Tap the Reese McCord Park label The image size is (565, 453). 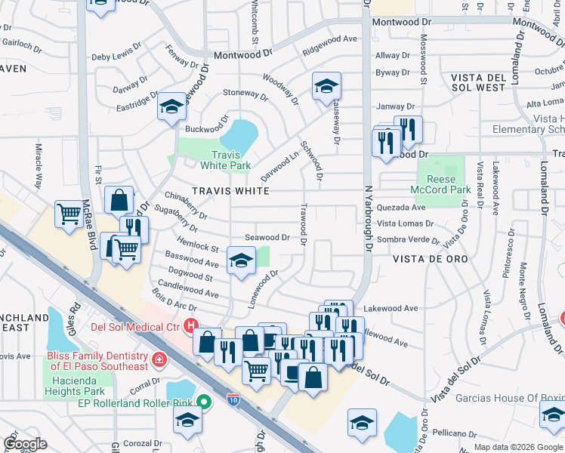click(x=442, y=185)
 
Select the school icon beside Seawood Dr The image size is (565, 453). click(x=241, y=262)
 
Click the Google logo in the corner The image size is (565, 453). click(x=25, y=444)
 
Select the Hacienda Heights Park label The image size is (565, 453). click(x=72, y=386)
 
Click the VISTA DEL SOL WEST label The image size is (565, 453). click(x=488, y=83)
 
